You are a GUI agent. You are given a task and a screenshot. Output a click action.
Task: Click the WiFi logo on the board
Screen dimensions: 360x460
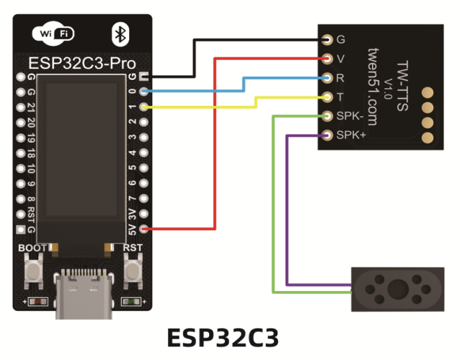[53, 33]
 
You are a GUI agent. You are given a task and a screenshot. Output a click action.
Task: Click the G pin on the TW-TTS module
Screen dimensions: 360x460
[328, 39]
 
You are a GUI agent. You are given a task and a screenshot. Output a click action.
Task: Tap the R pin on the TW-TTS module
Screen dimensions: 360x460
[328, 78]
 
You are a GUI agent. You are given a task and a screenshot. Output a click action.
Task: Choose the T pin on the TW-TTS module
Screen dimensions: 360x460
[328, 97]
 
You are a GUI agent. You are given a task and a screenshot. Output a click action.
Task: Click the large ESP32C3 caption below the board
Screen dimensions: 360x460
[223, 338]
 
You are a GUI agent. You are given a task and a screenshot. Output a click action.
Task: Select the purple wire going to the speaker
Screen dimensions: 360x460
[287, 205]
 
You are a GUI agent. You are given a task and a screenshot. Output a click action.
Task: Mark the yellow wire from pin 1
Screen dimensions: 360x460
[205, 107]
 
